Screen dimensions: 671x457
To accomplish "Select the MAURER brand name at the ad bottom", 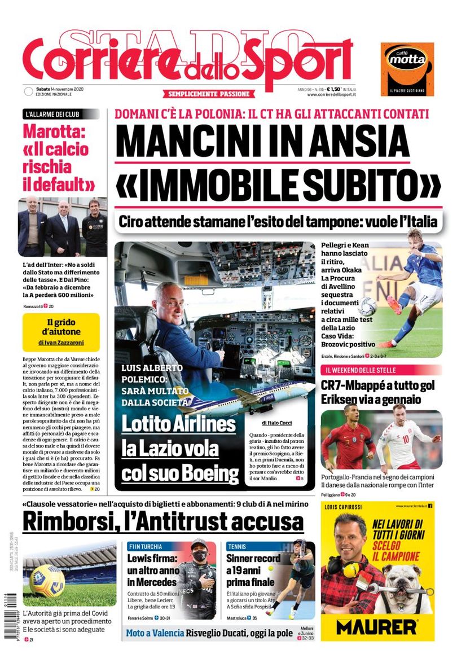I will tap(376, 625).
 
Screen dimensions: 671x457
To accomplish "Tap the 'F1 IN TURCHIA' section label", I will tap(145, 546).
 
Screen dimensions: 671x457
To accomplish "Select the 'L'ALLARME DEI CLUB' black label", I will tap(52, 114).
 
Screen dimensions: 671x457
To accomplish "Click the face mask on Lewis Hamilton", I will tap(199, 556).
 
